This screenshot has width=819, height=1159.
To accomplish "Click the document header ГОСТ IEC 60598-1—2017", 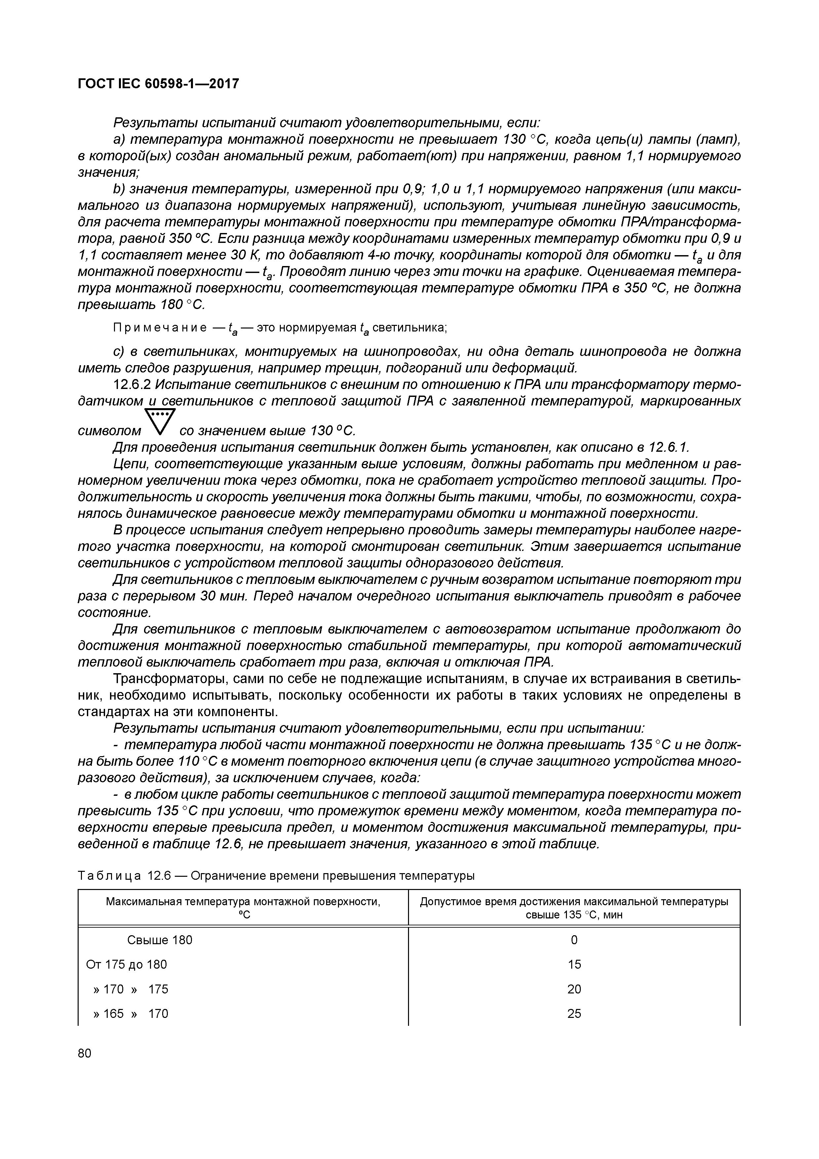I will click(x=158, y=84).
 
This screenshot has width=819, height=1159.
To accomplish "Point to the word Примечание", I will click(x=160, y=328).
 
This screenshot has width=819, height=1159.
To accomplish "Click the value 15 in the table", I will click(x=574, y=965).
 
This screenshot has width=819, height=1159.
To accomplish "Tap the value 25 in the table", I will click(x=574, y=1014).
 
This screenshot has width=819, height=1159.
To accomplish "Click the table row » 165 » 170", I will click(x=131, y=1014).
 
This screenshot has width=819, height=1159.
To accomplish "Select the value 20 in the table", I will click(x=574, y=989).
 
